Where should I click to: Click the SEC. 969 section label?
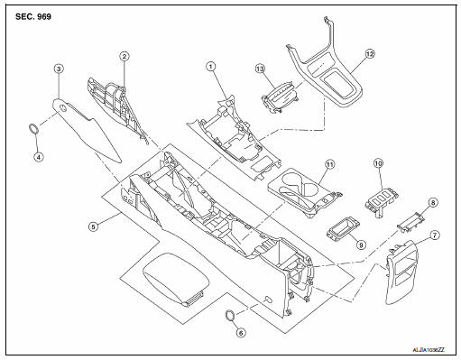33,17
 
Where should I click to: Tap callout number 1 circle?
211,67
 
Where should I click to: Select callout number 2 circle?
124,56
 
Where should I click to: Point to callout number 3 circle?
59,69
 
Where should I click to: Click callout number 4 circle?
39,156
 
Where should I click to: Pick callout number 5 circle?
93,226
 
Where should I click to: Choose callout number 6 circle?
241,332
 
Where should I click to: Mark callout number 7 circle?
435,235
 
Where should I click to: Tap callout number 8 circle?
433,203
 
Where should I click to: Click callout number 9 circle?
361,245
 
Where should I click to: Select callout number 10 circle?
379,163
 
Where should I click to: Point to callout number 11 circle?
330,164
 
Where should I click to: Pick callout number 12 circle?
370,54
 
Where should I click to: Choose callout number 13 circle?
260,69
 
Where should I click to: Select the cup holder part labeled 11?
305,191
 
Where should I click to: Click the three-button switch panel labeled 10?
382,201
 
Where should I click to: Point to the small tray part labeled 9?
344,229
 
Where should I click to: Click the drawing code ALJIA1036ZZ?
429,350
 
